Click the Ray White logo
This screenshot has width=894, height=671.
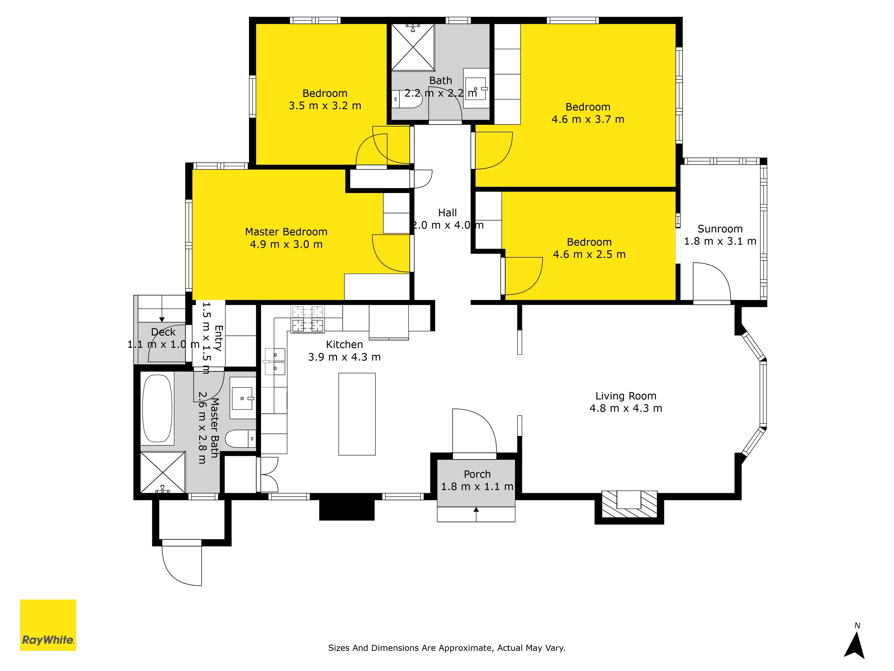pyautogui.click(x=48, y=625)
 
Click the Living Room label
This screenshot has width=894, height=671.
pyautogui.click(x=626, y=396)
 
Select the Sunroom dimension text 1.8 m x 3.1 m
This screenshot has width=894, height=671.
pyautogui.click(x=720, y=242)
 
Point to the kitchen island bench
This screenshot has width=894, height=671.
pyautogui.click(x=357, y=414)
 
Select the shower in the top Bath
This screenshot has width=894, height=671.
pyautogui.click(x=413, y=48)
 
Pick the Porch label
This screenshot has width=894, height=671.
pyautogui.click(x=477, y=474)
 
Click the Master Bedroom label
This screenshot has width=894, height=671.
pyautogui.click(x=286, y=232)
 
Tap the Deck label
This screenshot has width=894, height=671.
pyautogui.click(x=163, y=332)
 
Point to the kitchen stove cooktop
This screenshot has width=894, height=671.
pyautogui.click(x=308, y=319)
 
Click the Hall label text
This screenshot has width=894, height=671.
pyautogui.click(x=447, y=213)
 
